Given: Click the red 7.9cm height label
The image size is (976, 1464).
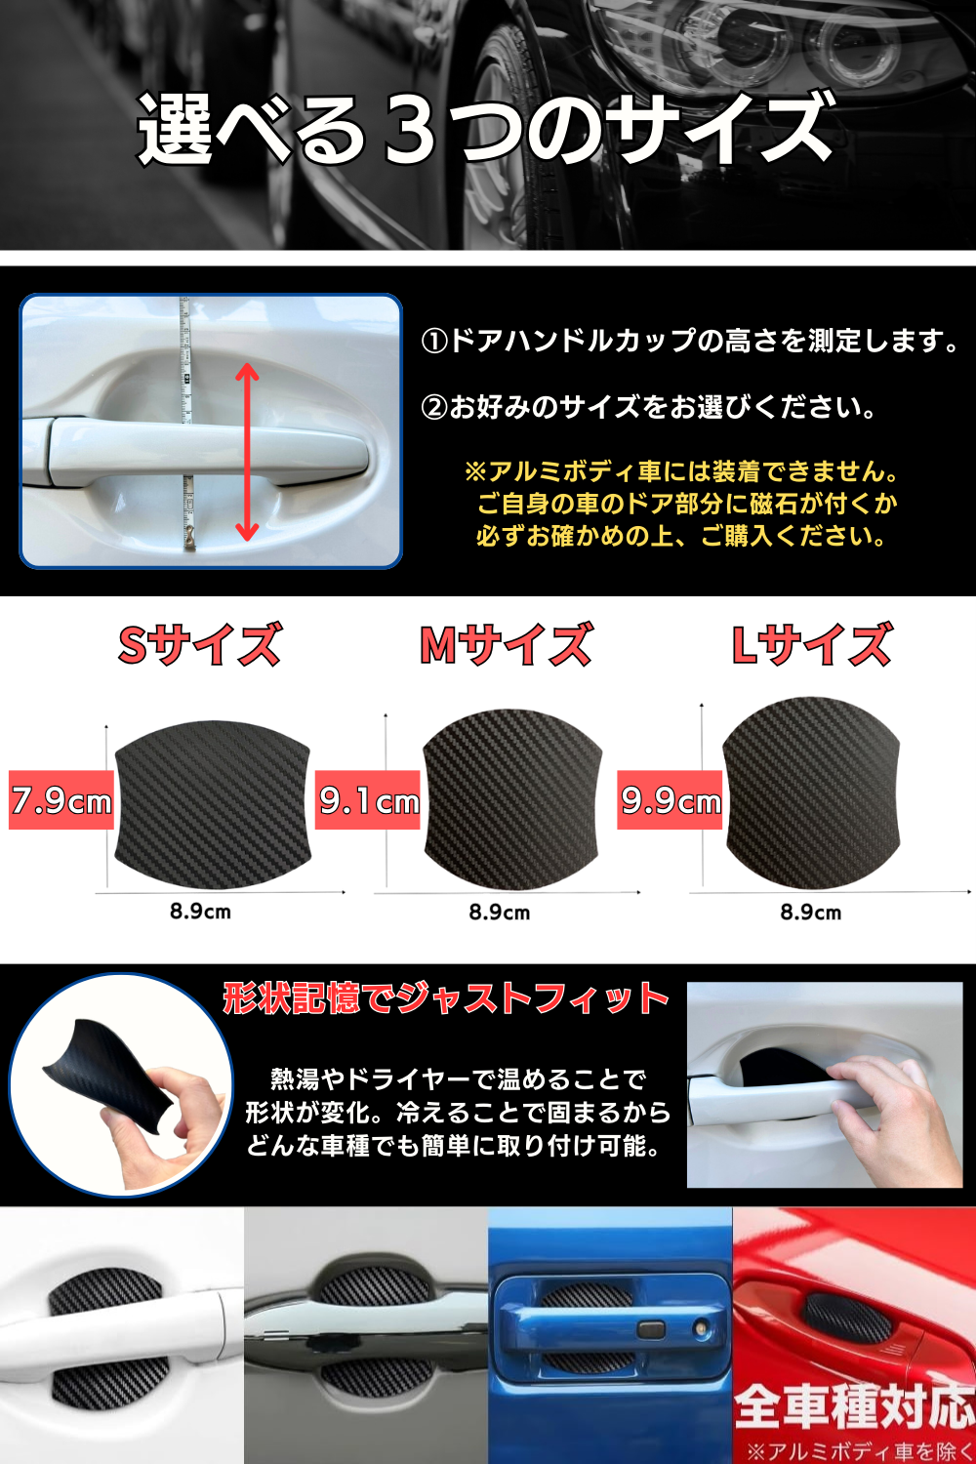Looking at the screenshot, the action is click(61, 800).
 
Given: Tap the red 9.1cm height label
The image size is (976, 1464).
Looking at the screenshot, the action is click(367, 800).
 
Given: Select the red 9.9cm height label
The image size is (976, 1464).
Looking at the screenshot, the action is click(671, 800).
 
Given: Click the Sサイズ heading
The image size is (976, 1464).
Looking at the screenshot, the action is click(200, 644).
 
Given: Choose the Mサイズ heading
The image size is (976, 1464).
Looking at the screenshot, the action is click(507, 644).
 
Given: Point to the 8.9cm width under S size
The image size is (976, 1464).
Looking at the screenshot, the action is click(200, 911).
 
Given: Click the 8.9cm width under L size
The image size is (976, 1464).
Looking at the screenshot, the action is click(811, 912).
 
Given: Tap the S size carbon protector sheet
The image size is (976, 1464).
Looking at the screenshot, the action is click(212, 804).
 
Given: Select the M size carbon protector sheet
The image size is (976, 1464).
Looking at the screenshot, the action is click(512, 799).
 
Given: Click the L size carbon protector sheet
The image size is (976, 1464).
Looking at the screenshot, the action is click(811, 793).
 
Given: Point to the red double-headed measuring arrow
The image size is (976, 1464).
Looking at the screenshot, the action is click(247, 452).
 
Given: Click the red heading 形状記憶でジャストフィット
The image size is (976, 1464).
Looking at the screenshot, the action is click(446, 999).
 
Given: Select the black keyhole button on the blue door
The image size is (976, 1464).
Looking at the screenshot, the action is click(650, 1328).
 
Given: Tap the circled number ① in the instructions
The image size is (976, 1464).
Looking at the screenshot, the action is click(434, 342).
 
